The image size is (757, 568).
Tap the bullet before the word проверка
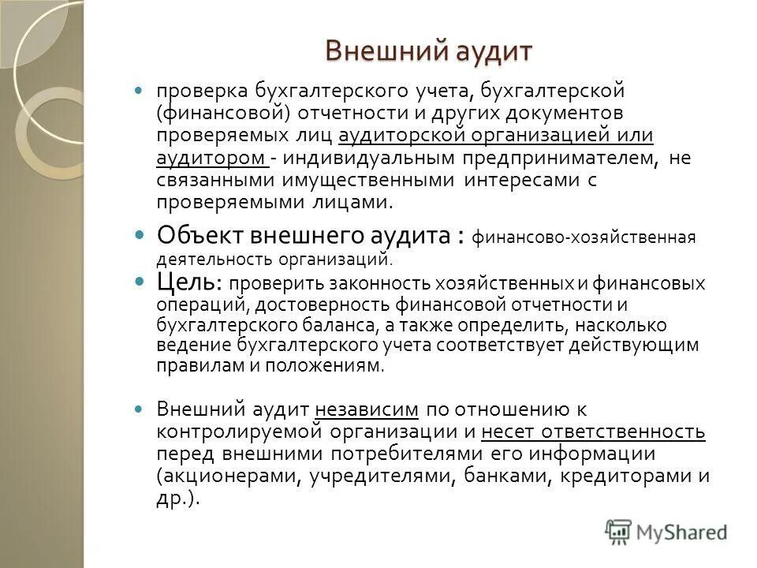point(140,92)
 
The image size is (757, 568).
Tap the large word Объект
point(200,235)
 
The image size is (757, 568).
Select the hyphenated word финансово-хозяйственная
point(584,237)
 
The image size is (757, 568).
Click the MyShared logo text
point(681,532)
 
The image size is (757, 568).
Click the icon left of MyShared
point(619,532)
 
